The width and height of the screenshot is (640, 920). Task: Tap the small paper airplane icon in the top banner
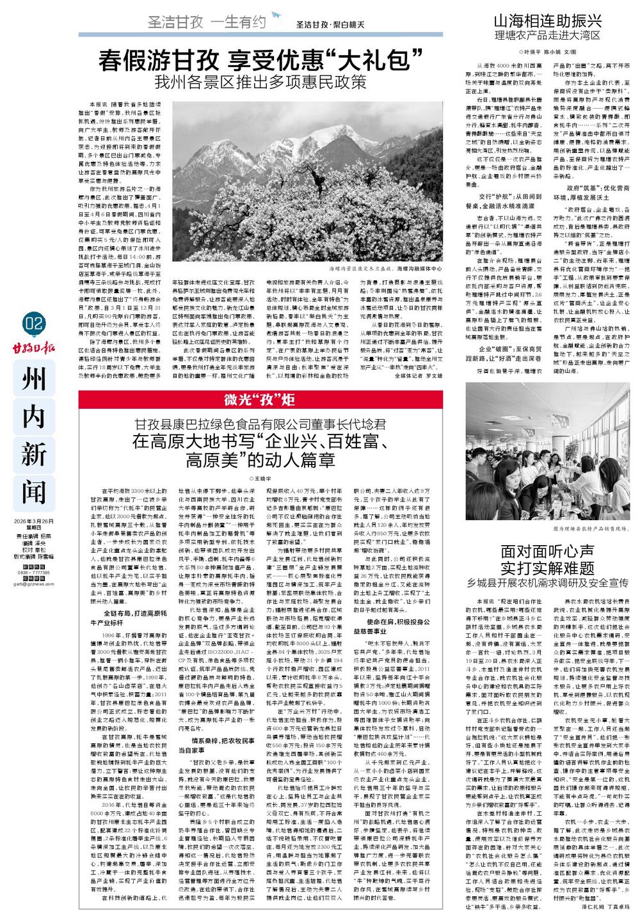[276, 15]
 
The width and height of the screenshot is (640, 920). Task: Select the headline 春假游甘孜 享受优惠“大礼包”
[262, 62]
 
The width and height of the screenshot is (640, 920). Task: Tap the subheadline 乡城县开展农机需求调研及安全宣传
[548, 583]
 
